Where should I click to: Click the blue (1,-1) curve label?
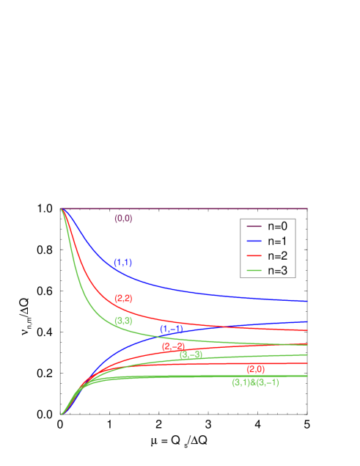[172, 330]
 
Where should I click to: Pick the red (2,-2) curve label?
[174, 346]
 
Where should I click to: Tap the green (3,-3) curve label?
[191, 355]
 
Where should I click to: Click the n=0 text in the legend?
[277, 226]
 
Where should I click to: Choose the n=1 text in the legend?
[277, 241]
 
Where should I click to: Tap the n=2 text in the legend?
[277, 256]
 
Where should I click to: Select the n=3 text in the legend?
[277, 271]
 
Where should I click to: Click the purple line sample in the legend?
[254, 226]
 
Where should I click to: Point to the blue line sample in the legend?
[254, 241]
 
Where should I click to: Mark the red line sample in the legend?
[254, 256]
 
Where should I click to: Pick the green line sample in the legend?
[254, 271]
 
